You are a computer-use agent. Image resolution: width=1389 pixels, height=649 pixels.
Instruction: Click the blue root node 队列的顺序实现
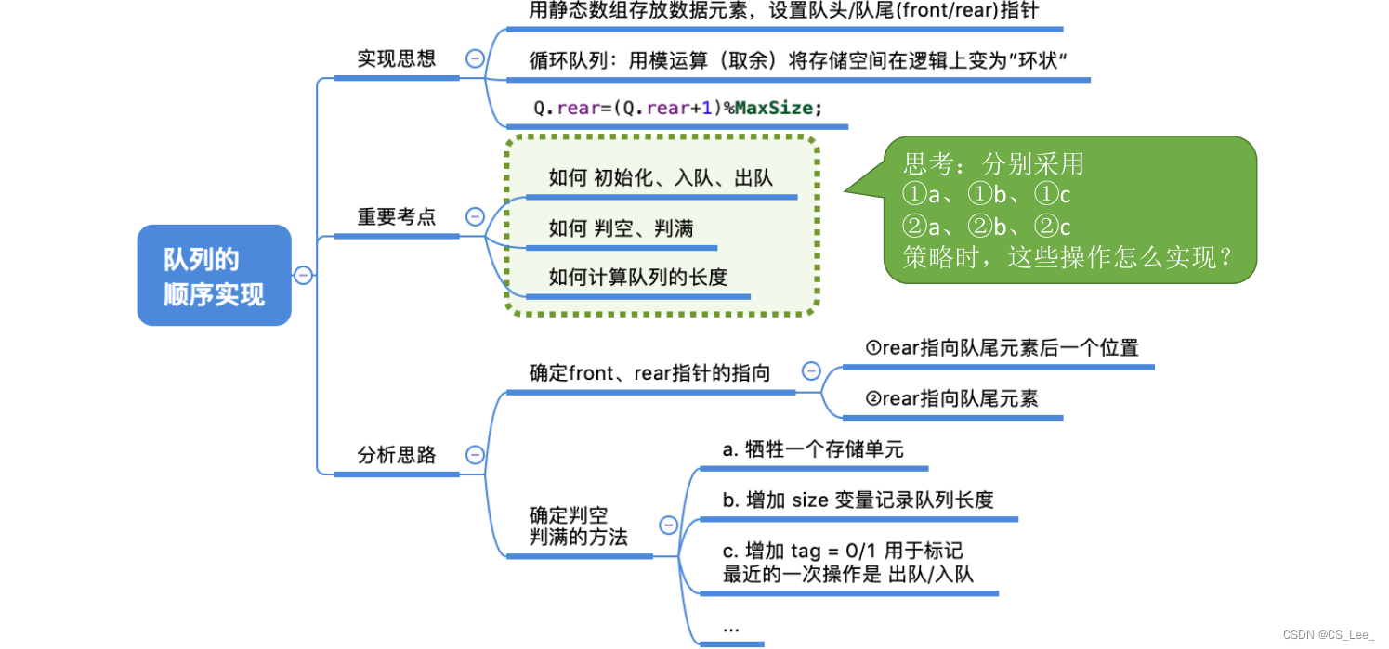pyautogui.click(x=214, y=276)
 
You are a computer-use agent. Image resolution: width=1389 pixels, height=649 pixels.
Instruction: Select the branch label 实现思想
pyautogui.click(x=397, y=58)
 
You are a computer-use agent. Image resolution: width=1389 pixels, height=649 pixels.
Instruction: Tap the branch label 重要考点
pyautogui.click(x=397, y=216)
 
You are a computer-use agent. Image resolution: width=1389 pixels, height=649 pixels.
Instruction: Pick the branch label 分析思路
pyautogui.click(x=397, y=455)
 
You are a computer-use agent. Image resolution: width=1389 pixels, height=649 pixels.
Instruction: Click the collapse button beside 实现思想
pyautogui.click(x=475, y=58)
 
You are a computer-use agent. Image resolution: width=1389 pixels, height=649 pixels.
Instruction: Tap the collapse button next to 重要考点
pyautogui.click(x=475, y=216)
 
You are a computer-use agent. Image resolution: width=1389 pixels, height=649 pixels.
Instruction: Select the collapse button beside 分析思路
pyautogui.click(x=475, y=455)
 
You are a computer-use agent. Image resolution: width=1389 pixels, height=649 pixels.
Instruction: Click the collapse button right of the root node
pyautogui.click(x=303, y=275)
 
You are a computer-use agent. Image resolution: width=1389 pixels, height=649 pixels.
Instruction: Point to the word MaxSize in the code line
pyautogui.click(x=774, y=108)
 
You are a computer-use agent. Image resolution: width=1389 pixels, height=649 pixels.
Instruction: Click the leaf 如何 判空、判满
pyautogui.click(x=621, y=227)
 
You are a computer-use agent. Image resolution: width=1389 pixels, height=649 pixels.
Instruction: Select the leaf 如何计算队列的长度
pyautogui.click(x=637, y=277)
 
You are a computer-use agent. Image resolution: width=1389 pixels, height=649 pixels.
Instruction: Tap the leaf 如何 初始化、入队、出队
pyautogui.click(x=661, y=177)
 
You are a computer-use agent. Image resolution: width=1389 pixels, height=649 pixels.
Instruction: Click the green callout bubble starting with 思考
pyautogui.click(x=1068, y=210)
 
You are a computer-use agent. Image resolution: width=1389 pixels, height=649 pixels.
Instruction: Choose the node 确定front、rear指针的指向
pyautogui.click(x=649, y=373)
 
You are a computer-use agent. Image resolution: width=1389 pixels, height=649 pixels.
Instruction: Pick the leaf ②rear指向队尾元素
pyautogui.click(x=951, y=399)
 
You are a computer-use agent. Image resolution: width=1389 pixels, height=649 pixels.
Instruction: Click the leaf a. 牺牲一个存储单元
pyautogui.click(x=813, y=449)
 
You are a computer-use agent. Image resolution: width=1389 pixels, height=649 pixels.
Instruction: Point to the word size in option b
pyautogui.click(x=810, y=500)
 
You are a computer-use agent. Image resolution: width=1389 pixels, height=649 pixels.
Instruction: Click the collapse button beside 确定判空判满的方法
pyautogui.click(x=668, y=526)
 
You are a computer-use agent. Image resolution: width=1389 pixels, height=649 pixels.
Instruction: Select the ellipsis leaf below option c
pyautogui.click(x=731, y=629)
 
